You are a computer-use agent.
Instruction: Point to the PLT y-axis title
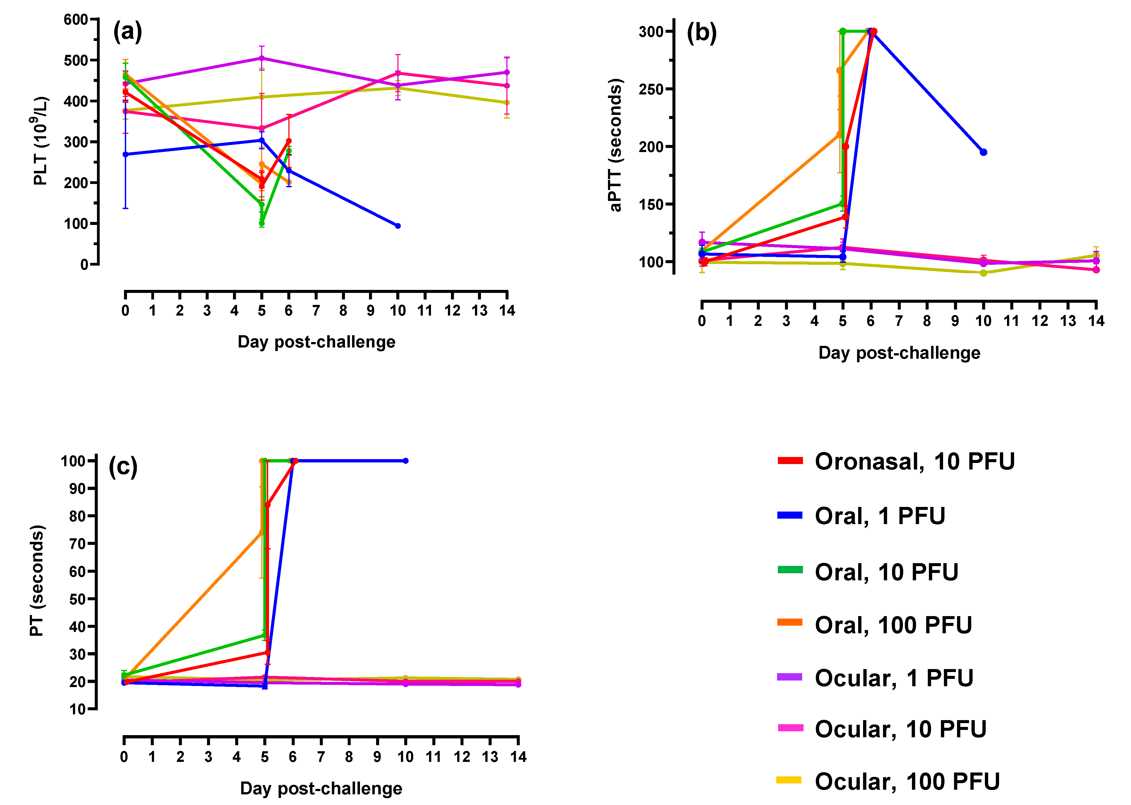[41, 141]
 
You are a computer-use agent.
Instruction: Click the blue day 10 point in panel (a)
[398, 226]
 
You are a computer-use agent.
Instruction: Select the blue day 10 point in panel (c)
[406, 461]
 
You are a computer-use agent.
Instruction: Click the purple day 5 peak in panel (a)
[262, 58]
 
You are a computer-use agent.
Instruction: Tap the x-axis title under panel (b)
[899, 353]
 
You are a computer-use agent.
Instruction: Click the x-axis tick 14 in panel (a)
[507, 311]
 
